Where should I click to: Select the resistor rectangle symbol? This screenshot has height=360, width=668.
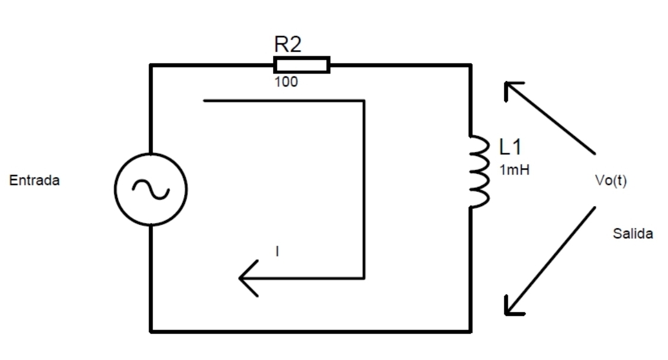(x=301, y=65)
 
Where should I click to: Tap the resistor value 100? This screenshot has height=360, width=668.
(x=286, y=82)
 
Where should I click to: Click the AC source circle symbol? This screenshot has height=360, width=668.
(x=151, y=189)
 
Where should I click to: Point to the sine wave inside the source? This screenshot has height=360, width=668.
(x=151, y=189)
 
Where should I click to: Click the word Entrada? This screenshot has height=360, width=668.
(x=34, y=181)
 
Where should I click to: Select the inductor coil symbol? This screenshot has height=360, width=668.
(x=477, y=172)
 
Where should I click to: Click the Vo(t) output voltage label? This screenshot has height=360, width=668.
(x=611, y=181)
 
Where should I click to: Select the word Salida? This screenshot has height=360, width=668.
(x=633, y=234)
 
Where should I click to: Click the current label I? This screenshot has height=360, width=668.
(x=277, y=252)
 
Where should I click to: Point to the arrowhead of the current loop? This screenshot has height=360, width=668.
(x=243, y=278)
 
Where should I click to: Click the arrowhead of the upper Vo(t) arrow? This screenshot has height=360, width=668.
(x=507, y=86)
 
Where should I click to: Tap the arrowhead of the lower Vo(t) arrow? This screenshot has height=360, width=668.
(x=508, y=310)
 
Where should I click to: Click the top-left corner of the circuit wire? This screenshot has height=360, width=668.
(x=151, y=65)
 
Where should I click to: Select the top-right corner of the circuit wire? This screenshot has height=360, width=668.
(x=471, y=65)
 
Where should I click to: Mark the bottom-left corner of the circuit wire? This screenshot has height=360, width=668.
(x=151, y=330)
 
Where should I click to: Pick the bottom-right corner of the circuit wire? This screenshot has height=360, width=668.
(x=471, y=330)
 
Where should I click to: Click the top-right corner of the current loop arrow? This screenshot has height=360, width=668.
(x=364, y=101)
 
